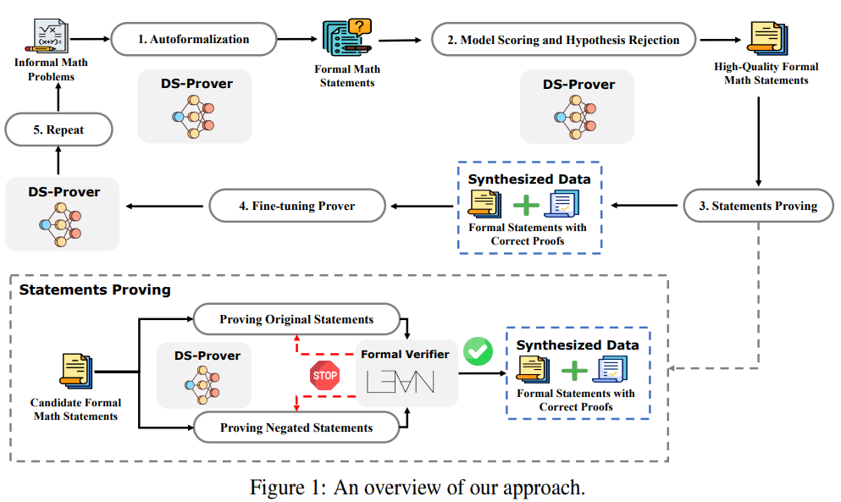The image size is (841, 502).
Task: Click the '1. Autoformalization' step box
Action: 194,39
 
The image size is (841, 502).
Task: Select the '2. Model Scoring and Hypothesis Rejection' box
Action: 563,40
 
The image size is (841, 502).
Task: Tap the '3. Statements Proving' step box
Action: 758,206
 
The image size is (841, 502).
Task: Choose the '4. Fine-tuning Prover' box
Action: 297,206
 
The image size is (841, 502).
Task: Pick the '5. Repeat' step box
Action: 58,130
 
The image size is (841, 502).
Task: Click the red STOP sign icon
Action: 324,375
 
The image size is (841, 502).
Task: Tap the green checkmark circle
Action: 478,351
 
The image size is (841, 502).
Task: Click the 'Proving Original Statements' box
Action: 296,319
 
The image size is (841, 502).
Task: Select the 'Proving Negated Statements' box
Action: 296,427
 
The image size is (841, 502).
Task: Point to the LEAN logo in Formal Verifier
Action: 400,381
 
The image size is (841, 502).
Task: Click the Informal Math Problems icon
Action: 50,36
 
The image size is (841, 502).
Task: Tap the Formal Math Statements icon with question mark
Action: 347,37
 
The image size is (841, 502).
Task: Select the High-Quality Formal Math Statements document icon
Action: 767,39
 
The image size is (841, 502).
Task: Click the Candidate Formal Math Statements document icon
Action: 75,371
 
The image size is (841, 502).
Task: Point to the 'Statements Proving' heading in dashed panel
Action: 95,290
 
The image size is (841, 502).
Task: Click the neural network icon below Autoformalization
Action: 194,116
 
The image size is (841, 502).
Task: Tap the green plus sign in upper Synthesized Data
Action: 526,205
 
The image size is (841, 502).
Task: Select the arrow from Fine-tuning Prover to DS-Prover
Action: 164,206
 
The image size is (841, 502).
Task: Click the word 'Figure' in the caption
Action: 277,488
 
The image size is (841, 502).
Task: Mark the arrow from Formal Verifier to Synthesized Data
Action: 483,373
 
